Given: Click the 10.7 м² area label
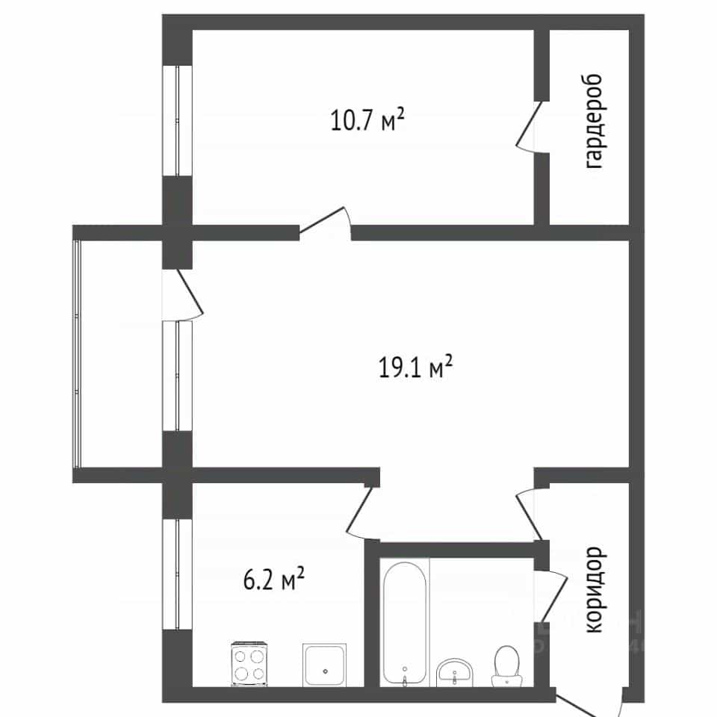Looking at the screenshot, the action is [x=367, y=120].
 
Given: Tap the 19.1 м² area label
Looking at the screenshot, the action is [x=415, y=367].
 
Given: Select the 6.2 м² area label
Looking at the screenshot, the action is [x=273, y=579].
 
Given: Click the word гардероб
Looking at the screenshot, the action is [x=594, y=121].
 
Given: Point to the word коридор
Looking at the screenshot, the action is [x=595, y=589].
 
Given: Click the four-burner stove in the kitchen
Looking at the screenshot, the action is [x=249, y=664].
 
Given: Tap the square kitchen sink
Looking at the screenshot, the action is [x=324, y=665].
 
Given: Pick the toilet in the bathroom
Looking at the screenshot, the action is [x=506, y=665].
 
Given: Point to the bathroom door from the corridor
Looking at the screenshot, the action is [x=551, y=596].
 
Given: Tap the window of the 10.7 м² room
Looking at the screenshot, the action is [x=178, y=121].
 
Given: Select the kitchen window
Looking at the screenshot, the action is [x=178, y=574].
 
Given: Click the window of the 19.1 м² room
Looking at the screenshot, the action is [x=178, y=376].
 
